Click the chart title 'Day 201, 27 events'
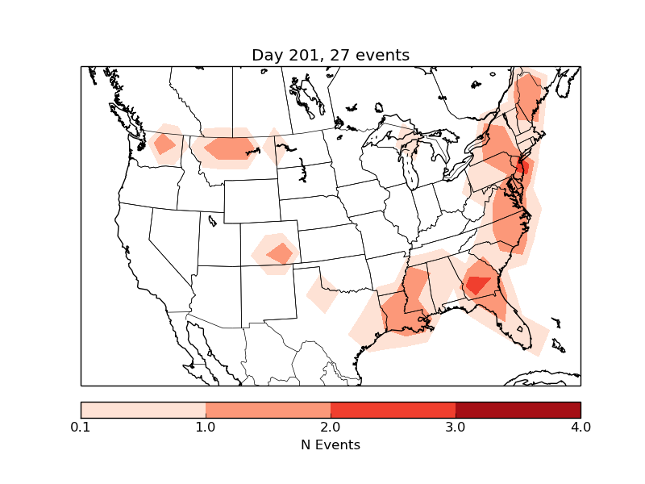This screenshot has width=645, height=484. [x=331, y=56]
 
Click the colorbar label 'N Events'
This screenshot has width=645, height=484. [x=331, y=444]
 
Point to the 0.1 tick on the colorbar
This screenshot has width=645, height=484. [x=81, y=426]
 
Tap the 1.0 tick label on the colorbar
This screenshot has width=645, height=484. [x=206, y=426]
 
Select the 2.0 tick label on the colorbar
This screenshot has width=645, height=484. [x=331, y=426]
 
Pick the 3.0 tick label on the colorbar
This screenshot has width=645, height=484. [x=456, y=426]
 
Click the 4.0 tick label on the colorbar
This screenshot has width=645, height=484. [x=580, y=426]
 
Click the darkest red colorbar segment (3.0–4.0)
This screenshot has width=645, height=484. [x=518, y=409]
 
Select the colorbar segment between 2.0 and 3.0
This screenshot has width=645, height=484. [x=393, y=409]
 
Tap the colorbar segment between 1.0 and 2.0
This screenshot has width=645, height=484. [x=268, y=409]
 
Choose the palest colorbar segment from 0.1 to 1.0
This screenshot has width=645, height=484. [x=143, y=409]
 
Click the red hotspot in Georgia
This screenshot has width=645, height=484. [x=477, y=284]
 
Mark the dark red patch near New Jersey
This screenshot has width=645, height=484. [x=522, y=168]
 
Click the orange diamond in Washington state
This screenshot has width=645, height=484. [x=164, y=144]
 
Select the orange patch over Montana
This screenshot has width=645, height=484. [x=231, y=148]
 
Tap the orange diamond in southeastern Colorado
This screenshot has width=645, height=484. [x=281, y=253]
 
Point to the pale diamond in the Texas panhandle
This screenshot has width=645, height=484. [x=322, y=294]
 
